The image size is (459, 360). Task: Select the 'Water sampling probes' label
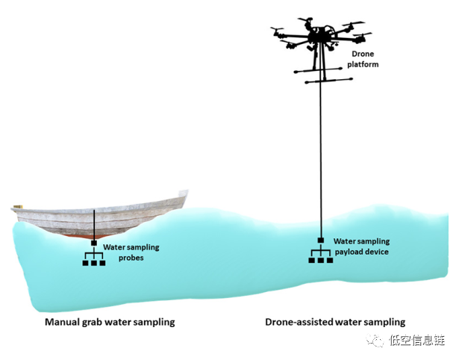[x=131, y=252]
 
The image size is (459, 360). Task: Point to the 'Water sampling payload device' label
[x=361, y=246]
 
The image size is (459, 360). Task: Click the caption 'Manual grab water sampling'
[x=110, y=323]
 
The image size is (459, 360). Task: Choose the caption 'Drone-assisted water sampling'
[x=335, y=323]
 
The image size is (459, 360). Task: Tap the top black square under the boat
[x=94, y=243]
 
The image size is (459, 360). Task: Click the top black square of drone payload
[x=321, y=240]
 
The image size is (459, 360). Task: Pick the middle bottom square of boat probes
[x=94, y=263]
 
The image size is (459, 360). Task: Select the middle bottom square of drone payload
[x=321, y=261]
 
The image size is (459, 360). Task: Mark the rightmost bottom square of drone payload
[x=330, y=261]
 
